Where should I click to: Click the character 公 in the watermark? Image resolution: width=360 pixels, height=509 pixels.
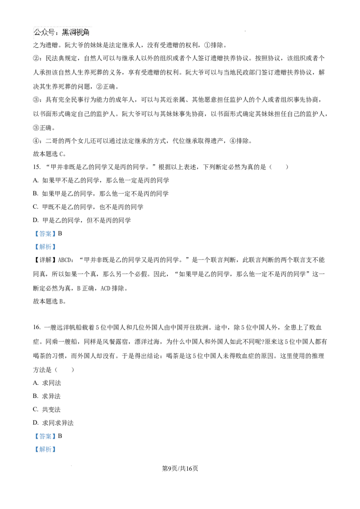click(x=37, y=32)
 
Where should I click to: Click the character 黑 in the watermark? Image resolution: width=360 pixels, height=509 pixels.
click(x=66, y=32)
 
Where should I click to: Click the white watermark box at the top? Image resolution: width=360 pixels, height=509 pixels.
click(x=61, y=32)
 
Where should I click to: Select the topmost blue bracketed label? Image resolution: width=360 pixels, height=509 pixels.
click(x=45, y=234)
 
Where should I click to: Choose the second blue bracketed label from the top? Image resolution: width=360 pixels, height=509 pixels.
click(x=45, y=246)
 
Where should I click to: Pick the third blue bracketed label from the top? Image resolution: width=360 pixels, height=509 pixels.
click(x=45, y=437)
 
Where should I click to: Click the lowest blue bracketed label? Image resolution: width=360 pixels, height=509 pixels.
click(x=45, y=450)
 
